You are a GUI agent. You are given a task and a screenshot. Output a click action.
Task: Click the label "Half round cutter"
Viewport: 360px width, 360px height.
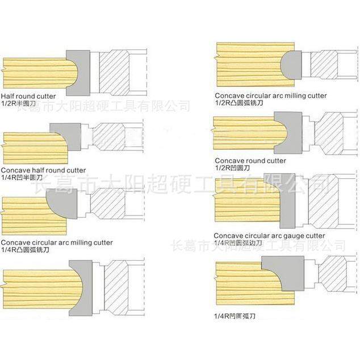coord(29,96)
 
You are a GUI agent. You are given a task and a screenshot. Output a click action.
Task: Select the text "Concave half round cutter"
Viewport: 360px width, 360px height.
coord(44,170)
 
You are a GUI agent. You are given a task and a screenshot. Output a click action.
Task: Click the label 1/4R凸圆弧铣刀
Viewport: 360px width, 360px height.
coord(25,249)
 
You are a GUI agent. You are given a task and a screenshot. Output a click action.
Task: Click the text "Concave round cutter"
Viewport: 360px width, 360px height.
coord(250,161)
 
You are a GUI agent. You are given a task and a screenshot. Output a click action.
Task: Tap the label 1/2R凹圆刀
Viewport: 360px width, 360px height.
coord(233,168)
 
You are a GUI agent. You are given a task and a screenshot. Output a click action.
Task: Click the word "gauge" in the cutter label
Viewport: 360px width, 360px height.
coord(296,236)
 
